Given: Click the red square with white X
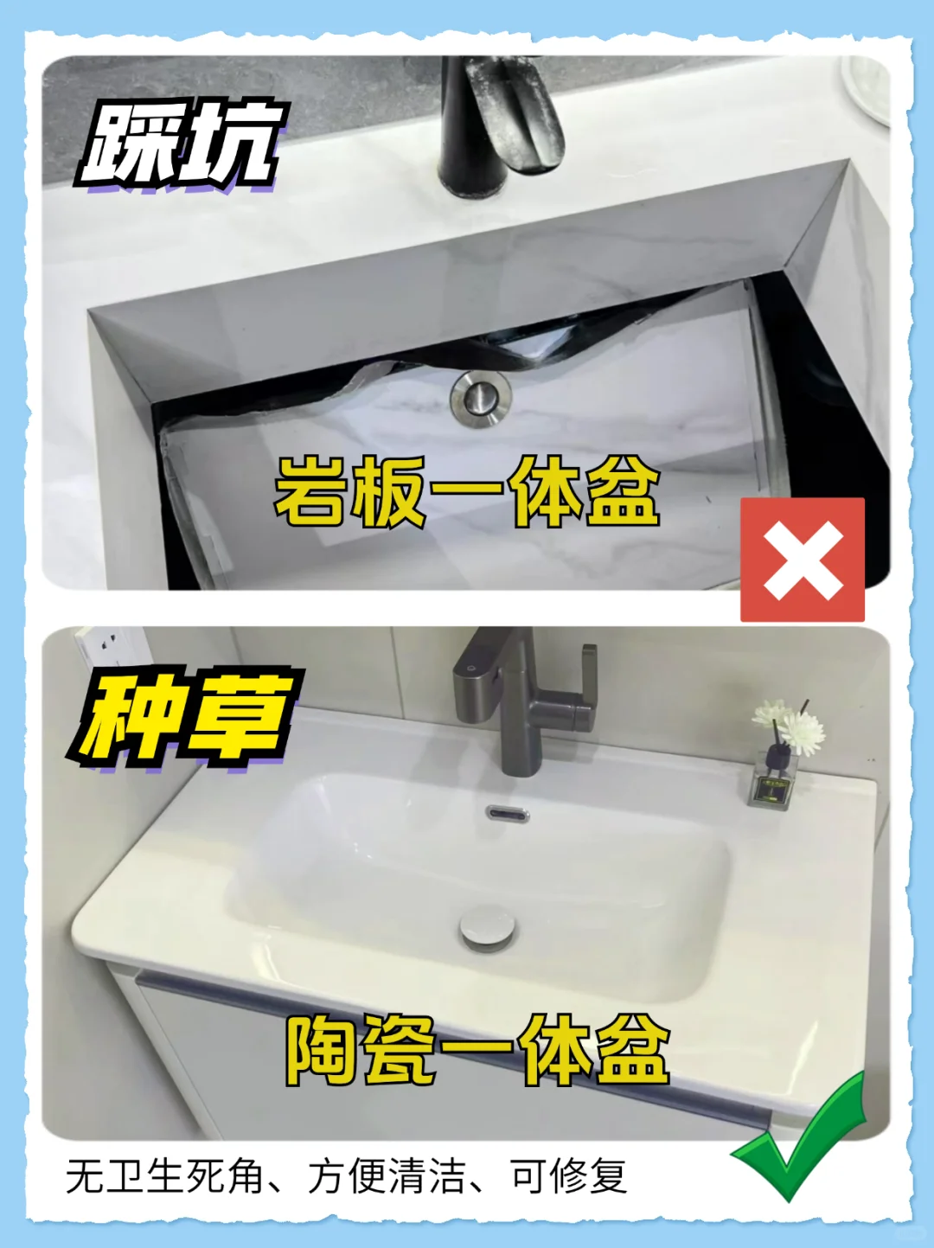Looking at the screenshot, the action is point(802,560).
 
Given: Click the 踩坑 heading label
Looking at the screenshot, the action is point(182,145).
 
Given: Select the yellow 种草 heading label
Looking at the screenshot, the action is point(185,720).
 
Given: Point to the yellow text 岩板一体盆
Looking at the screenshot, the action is point(467,493).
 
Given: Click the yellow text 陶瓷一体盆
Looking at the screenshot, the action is point(477,1051).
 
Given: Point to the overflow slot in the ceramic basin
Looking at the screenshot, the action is point(508,814).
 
